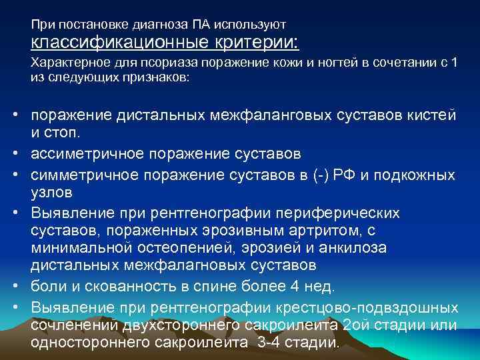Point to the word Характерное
pyautogui.click(x=62, y=65)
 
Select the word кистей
pyautogui.click(x=433, y=116)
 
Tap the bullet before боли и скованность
pyautogui.click(x=13, y=287)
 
